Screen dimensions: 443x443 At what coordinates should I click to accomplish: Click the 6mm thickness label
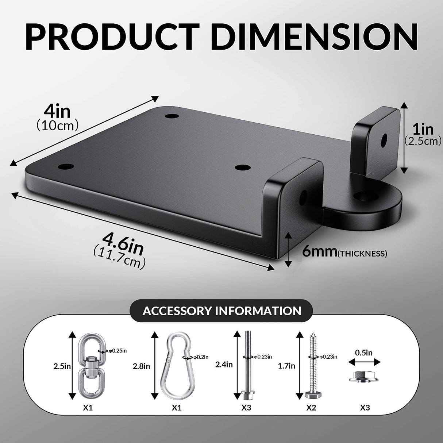click(x=320, y=252)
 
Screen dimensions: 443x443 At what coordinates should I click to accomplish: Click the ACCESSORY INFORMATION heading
click(x=221, y=311)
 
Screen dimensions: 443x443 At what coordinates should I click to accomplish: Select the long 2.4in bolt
click(x=247, y=365)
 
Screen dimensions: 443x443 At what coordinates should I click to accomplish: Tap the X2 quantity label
click(x=311, y=408)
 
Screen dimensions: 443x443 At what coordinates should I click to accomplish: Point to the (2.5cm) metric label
click(x=423, y=141)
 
